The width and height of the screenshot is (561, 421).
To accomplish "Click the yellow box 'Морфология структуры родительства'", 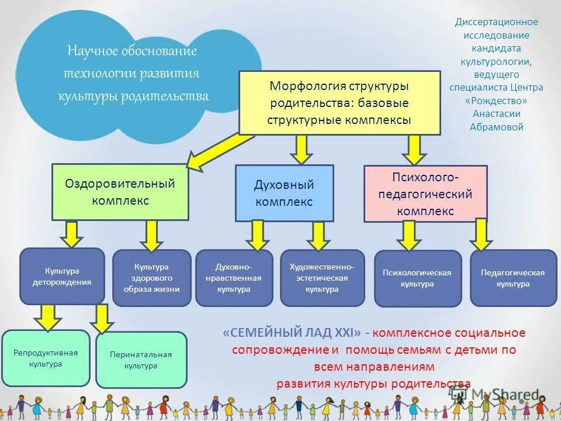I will coord(339,103).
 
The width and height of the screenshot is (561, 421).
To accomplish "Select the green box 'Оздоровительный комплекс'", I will coord(120,192).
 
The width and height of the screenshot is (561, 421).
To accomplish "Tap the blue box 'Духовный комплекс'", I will coord(284,193).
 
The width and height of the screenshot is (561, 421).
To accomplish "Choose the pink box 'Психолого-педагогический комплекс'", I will coord(425,194).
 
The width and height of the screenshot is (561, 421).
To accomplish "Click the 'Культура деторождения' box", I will coord(62,276).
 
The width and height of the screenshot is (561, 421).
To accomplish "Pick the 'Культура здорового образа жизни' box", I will coord(151,278).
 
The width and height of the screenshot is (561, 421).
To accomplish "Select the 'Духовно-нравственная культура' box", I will coord(234,278).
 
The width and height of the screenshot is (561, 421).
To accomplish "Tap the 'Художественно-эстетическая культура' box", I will coord(322,278).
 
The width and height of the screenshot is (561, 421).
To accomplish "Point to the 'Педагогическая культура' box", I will coord(512,278).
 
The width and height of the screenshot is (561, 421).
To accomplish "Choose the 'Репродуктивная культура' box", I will coord(46,358).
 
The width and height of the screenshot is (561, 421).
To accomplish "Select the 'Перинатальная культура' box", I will coord(141,360).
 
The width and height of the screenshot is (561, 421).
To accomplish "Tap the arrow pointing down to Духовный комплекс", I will coord(301,149).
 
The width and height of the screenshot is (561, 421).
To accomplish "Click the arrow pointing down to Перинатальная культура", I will coord(103,319).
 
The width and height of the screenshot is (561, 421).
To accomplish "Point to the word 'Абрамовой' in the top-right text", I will coord(497,127).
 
